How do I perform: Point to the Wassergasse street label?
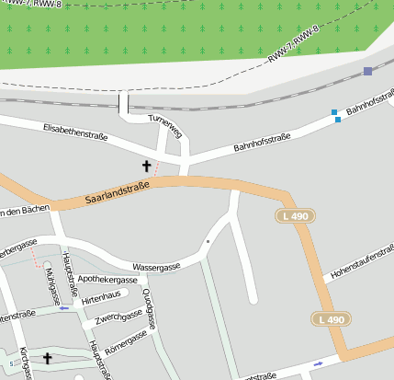[x=155, y=266]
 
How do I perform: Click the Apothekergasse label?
[x=107, y=279]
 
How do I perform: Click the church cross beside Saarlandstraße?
[x=145, y=166]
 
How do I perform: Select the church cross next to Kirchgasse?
[x=48, y=357]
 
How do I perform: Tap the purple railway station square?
[x=367, y=71]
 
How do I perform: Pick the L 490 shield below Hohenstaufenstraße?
[x=331, y=319]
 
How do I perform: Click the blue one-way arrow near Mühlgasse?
[x=64, y=308]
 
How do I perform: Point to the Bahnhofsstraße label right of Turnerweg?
[x=262, y=142]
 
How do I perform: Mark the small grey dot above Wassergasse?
[x=208, y=242]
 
